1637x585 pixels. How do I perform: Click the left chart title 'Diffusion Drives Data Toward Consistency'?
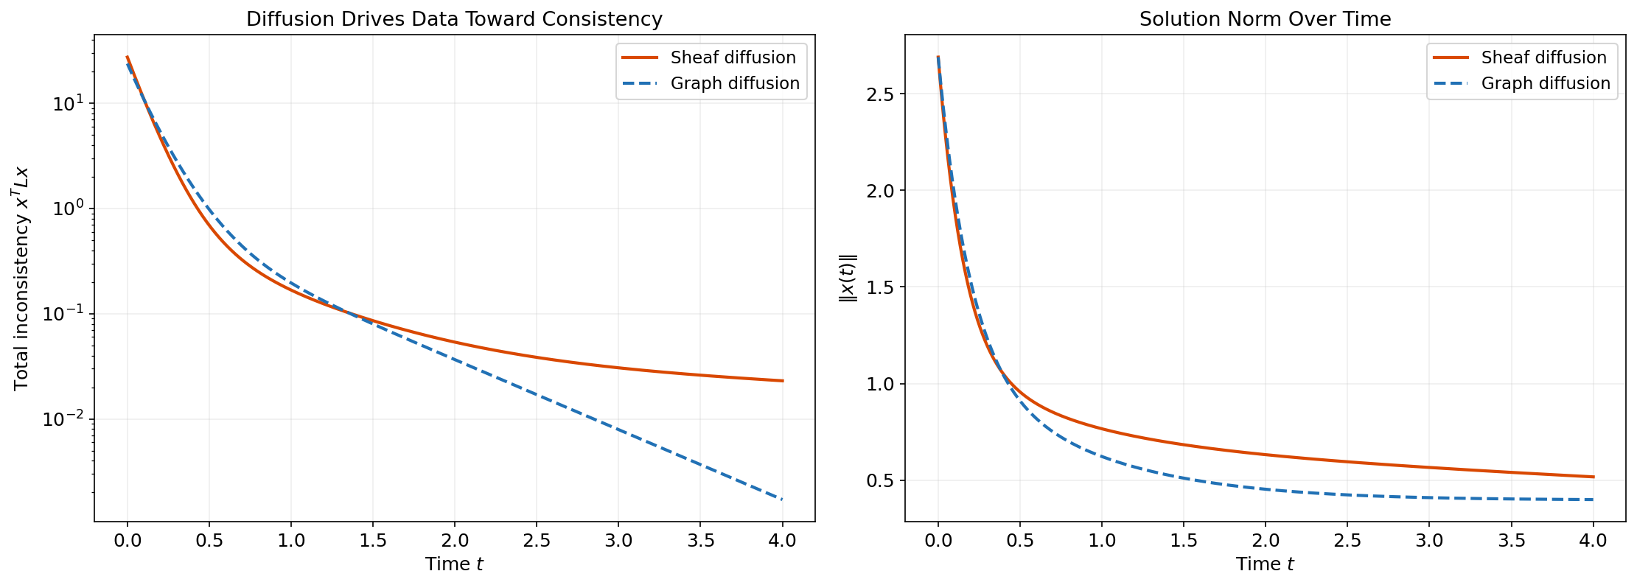pyautogui.click(x=454, y=19)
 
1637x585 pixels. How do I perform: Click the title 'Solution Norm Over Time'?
pyautogui.click(x=1265, y=19)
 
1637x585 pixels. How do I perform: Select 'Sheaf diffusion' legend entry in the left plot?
pyautogui.click(x=733, y=57)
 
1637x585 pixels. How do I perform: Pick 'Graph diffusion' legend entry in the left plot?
pyautogui.click(x=734, y=83)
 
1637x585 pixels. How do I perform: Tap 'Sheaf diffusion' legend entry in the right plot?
pyautogui.click(x=1543, y=57)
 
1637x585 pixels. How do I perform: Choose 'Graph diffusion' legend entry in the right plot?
pyautogui.click(x=1545, y=83)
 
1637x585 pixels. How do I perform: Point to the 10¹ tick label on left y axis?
pyautogui.click(x=68, y=103)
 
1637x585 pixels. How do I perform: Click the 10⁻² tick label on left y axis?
pyautogui.click(x=64, y=419)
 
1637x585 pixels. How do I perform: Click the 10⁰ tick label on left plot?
pyautogui.click(x=68, y=209)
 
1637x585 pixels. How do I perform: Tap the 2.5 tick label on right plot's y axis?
pyautogui.click(x=881, y=94)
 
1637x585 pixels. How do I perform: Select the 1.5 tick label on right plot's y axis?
pyautogui.click(x=881, y=287)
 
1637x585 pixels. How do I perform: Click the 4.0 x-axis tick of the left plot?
pyautogui.click(x=782, y=541)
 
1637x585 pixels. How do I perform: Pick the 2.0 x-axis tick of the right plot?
pyautogui.click(x=1265, y=541)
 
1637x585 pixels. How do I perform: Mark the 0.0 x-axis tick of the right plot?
pyautogui.click(x=938, y=541)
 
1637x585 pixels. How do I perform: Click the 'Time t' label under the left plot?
pyautogui.click(x=454, y=564)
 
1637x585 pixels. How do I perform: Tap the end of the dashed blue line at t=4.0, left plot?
pyautogui.click(x=782, y=500)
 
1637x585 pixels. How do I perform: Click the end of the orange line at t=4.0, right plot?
pyautogui.click(x=1593, y=477)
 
